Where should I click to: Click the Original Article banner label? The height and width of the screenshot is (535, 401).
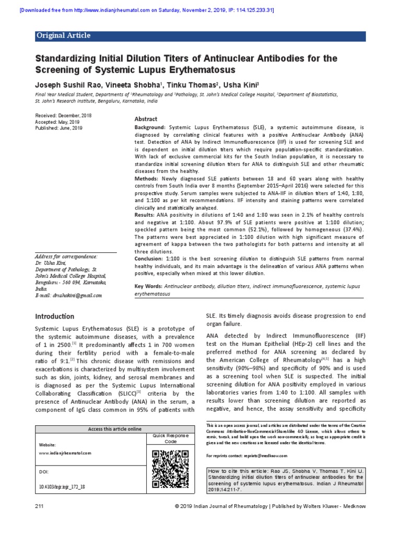point(63,36)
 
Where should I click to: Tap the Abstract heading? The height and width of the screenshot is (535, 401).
point(146,119)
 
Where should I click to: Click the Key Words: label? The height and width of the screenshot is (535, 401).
point(148,287)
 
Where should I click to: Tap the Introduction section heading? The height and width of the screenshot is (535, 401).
point(54,316)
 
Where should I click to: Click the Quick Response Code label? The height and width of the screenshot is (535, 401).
point(171,438)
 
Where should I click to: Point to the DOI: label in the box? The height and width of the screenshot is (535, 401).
point(44,472)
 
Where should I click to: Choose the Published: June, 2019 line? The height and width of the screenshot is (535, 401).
point(58,127)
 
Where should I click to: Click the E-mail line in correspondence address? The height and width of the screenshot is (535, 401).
point(68,295)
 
